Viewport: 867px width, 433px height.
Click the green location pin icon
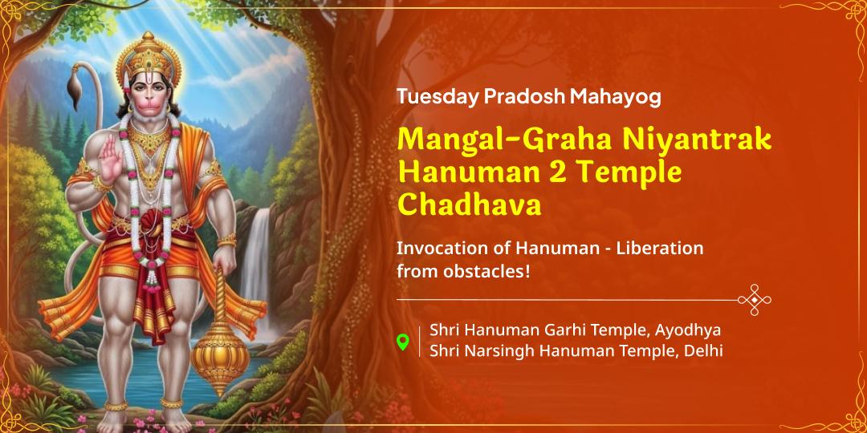tap(404, 342)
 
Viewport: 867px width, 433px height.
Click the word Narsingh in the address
tap(499, 350)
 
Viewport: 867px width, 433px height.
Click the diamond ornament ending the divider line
tap(754, 299)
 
